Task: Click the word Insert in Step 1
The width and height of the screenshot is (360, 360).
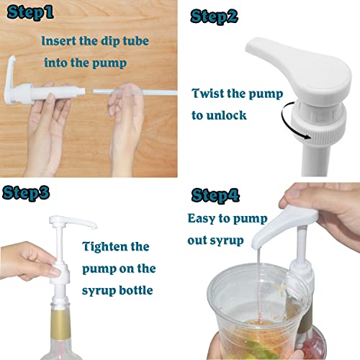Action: (58, 42)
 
